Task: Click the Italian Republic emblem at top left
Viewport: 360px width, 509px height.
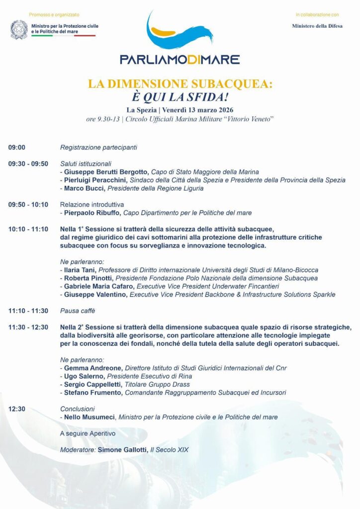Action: (x=19, y=30)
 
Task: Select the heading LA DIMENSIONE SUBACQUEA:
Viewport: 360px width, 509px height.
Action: (x=180, y=84)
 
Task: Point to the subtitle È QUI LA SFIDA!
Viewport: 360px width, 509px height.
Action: (x=180, y=96)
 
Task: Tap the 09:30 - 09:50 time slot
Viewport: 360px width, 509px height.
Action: (x=28, y=164)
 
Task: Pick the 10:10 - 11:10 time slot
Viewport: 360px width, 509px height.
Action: (x=28, y=229)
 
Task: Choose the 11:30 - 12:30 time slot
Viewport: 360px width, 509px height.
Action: (x=28, y=327)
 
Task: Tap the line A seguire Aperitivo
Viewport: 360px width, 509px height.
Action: (x=88, y=433)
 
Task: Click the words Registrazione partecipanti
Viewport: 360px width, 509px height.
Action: (x=98, y=147)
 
